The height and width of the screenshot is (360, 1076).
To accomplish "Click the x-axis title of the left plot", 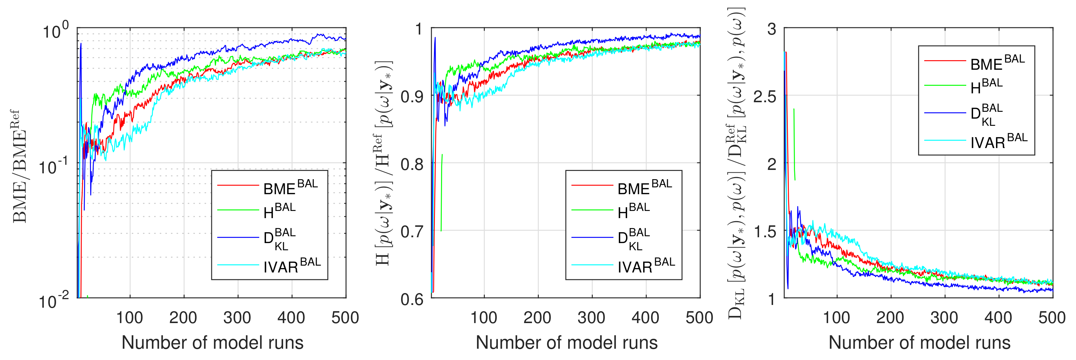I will tap(212, 343).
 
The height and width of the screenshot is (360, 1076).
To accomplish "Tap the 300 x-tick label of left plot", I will tap(237, 318).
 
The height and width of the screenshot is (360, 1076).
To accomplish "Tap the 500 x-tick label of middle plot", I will tap(699, 318).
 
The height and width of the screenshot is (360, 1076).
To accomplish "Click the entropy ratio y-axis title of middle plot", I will tap(383, 163).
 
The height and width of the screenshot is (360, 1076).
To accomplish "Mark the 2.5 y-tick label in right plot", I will tap(765, 96).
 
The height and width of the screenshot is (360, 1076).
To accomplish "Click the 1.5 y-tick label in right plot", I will tap(765, 231).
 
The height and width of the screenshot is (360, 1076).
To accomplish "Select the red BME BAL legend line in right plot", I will tap(945, 61).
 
